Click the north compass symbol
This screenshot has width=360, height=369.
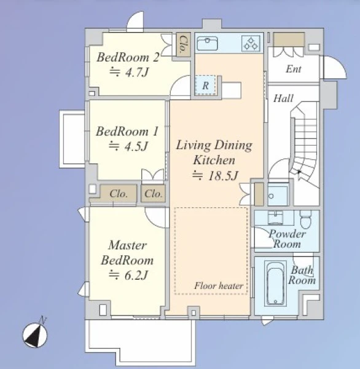coord(35,335)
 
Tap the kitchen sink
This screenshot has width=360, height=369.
coord(207,43)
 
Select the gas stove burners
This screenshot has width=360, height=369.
coord(251,44)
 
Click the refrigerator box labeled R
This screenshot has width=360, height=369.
coord(205,85)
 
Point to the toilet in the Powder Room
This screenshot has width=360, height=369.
coord(306,220)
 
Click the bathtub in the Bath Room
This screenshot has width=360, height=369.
coord(276,284)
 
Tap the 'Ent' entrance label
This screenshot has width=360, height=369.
coord(294,69)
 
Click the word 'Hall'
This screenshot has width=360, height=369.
coord(283,98)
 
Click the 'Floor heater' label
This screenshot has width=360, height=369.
coord(219,286)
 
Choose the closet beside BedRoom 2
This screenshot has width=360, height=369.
coord(183,44)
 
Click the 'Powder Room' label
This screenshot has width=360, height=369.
coord(287,239)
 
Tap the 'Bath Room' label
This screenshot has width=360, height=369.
coord(302,275)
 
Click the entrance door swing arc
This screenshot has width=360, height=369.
coord(340,62)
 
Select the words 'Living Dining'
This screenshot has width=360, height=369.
coord(214,145)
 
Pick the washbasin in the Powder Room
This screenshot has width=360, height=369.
coord(275,218)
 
